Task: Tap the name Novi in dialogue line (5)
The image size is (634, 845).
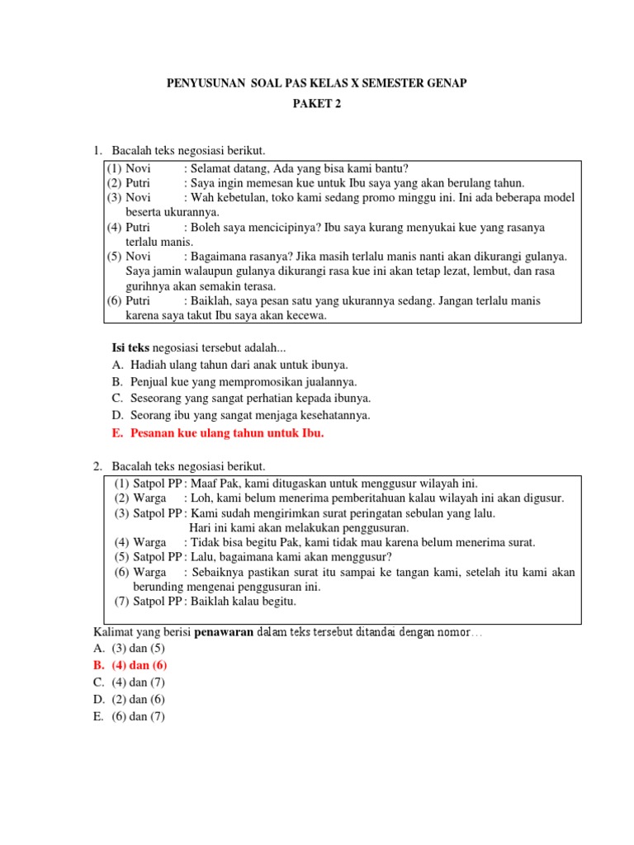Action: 139,257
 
